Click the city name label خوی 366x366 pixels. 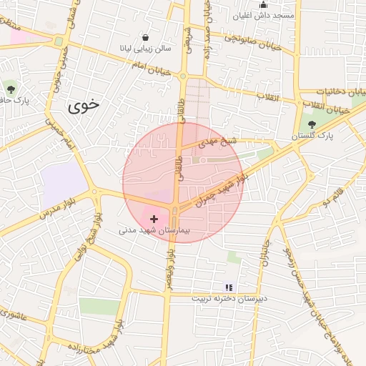coord(84,107)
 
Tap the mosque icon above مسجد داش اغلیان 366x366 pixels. coord(264,5)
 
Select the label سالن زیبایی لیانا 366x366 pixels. coord(146,49)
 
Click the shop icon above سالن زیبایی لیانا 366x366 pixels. coord(146,37)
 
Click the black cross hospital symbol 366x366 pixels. coord(154,217)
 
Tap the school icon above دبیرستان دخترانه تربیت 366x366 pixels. coord(229,287)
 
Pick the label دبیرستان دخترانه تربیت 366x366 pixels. coord(229,297)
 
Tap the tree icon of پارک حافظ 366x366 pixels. coord(11,89)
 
